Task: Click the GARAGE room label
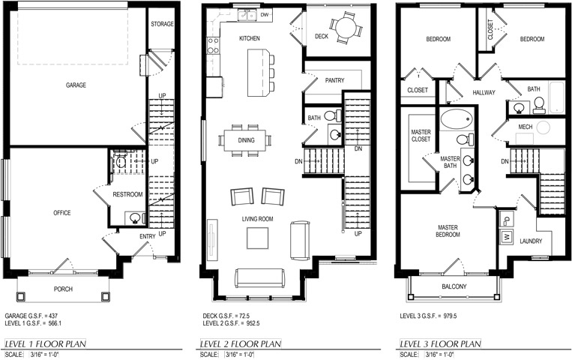[76, 85]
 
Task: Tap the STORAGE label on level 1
[163, 24]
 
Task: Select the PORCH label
[63, 289]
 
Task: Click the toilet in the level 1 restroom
[121, 160]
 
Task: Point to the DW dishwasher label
[265, 14]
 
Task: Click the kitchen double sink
[247, 15]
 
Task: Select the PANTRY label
[334, 80]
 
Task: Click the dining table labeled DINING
[245, 140]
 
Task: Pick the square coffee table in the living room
[258, 238]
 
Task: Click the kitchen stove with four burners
[213, 46]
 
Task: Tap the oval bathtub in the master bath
[457, 119]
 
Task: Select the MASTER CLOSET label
[421, 136]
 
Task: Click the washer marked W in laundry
[507, 236]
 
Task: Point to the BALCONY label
[454, 286]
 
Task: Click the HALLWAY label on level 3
[484, 93]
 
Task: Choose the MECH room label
[526, 127]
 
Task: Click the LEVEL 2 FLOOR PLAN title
[241, 344]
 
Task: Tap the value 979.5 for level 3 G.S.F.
[450, 316]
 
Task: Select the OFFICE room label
[62, 213]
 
